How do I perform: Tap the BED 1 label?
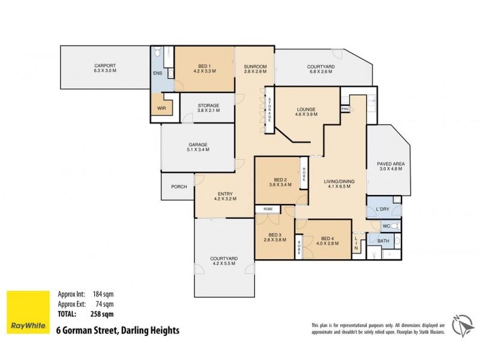204,65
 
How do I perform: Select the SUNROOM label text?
254,65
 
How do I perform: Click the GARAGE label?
198,145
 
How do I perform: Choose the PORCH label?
179,187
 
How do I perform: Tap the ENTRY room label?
225,193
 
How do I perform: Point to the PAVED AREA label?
389,164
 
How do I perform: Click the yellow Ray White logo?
28,312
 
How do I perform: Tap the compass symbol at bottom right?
461,324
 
